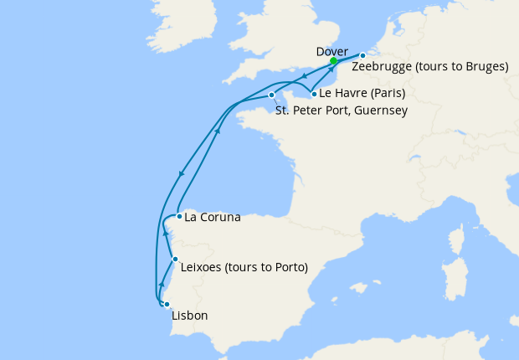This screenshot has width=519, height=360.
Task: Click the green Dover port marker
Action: coord(333,61)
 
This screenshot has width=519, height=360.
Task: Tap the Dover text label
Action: coord(332,50)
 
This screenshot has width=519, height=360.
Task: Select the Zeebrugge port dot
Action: coord(362,56)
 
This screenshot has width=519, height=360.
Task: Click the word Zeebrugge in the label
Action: coord(383,67)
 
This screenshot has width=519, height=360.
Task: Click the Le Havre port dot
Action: coord(313,94)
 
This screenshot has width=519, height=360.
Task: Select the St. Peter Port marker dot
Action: coord(272,95)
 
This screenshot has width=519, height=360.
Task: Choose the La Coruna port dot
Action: coord(179,216)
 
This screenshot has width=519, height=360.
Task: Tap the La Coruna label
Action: coord(212,218)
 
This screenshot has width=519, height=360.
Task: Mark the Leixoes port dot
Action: coord(174,260)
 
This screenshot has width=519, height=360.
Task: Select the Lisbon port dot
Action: coord(167,304)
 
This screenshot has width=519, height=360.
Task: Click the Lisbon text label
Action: coord(189,316)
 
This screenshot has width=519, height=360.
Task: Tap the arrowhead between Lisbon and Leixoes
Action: coord(161,286)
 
